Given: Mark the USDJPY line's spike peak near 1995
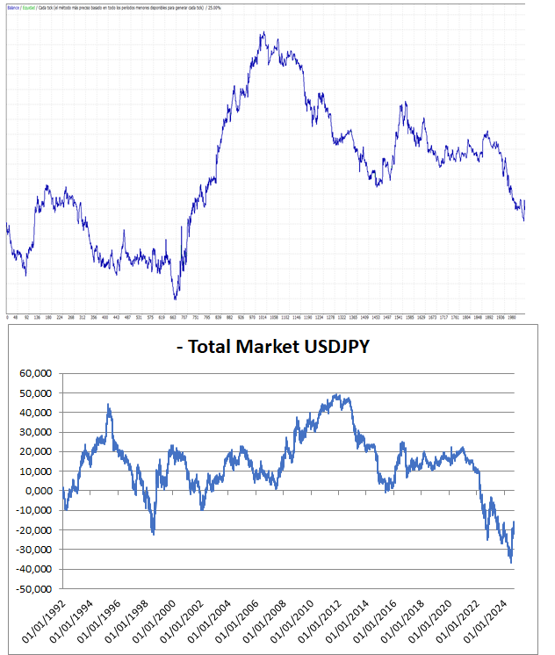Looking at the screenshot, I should [x=109, y=406].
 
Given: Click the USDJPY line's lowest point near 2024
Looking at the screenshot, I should [x=510, y=562].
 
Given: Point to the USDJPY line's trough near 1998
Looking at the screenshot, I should [x=153, y=532].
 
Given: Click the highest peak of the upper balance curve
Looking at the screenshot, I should [x=263, y=33].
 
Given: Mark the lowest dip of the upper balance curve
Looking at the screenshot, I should [x=176, y=299].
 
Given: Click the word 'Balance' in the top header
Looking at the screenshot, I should [x=13, y=5].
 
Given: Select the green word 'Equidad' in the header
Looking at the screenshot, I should [x=29, y=5].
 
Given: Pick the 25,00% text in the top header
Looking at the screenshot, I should [x=213, y=5].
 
